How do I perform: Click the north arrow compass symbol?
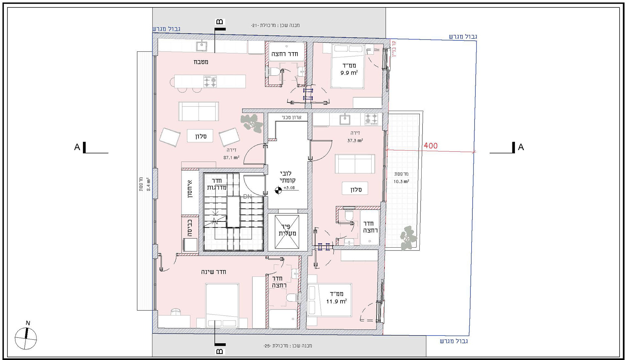(x=26, y=338)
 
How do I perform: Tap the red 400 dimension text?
(x=430, y=146)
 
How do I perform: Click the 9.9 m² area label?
(x=349, y=73)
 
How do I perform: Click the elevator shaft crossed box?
(x=287, y=232)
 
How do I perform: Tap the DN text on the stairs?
(x=248, y=197)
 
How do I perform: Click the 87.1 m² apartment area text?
(x=231, y=157)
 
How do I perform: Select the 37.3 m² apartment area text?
(x=355, y=140)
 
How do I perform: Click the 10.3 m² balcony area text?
(x=401, y=181)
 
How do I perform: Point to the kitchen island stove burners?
(x=210, y=81)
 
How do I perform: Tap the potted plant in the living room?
(x=252, y=123)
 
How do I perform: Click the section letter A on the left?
(x=77, y=147)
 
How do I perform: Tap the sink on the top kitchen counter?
(x=202, y=46)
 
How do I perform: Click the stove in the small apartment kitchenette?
(x=371, y=119)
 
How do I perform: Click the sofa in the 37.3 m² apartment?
(x=355, y=164)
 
